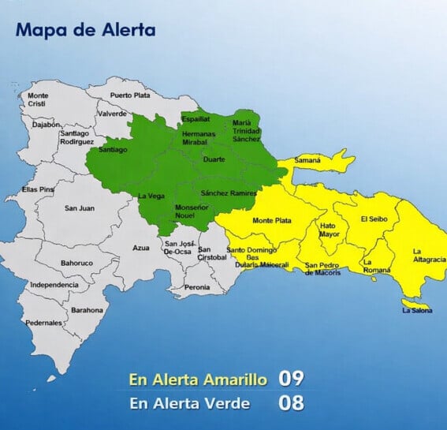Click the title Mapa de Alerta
[x=85, y=31]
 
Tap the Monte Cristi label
[x=38, y=100]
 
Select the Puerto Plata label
[x=130, y=95]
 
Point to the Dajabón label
[x=47, y=125]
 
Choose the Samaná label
[x=307, y=160]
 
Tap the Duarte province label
[x=214, y=159]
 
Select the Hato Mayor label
[x=329, y=230]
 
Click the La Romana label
[x=376, y=266]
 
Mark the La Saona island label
[x=416, y=310]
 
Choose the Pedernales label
[x=44, y=323]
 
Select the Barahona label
[x=87, y=310]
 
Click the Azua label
[x=141, y=248]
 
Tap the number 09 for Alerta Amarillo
[x=291, y=378]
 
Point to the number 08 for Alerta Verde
[x=291, y=404]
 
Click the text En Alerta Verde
[x=190, y=404]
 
